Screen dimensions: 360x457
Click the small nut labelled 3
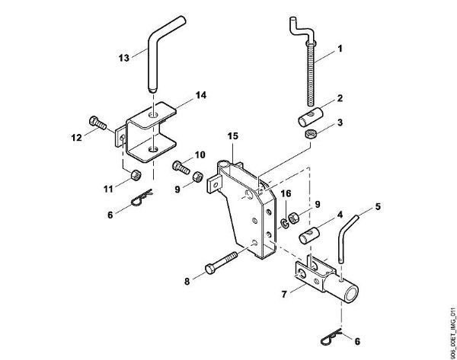(x=310, y=135)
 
